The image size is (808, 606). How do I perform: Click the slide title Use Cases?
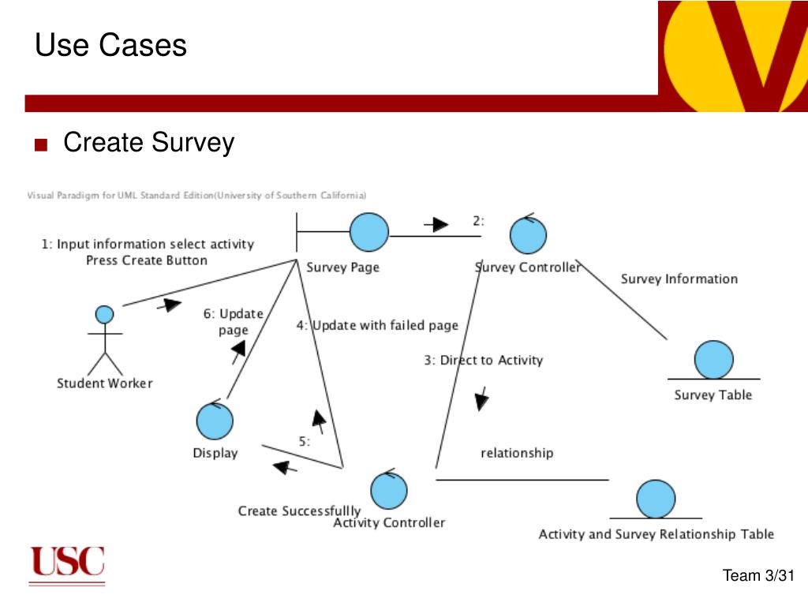coord(110,45)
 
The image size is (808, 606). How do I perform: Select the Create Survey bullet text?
coord(148,143)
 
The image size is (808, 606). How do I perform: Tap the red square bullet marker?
coord(41,145)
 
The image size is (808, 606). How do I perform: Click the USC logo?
coord(67,564)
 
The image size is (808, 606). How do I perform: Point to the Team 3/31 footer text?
coord(757,576)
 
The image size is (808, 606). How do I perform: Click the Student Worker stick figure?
coord(104,339)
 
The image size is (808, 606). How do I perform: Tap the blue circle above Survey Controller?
coord(528,234)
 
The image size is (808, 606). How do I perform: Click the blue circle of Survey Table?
coord(714,360)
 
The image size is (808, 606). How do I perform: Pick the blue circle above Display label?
coord(215,421)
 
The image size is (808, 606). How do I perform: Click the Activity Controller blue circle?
coord(389,489)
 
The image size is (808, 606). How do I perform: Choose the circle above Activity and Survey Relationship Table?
coord(656,499)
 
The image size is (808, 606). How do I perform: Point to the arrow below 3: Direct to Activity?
coord(481,398)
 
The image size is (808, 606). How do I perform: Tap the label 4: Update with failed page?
coord(377,325)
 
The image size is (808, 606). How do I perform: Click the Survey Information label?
coord(679,279)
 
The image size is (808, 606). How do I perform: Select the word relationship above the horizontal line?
coord(517,453)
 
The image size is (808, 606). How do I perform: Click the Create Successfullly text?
coord(299,511)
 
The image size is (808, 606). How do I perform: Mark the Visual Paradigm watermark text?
coord(197,195)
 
